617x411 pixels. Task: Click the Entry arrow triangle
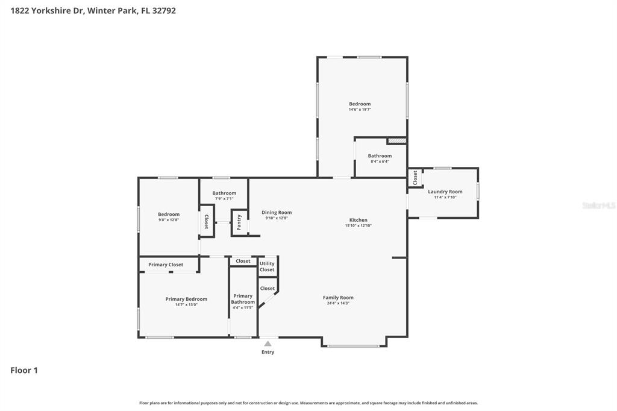point(268,344)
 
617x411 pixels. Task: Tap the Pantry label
point(239,223)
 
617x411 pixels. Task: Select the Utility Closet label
point(267,266)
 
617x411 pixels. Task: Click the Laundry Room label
point(445,192)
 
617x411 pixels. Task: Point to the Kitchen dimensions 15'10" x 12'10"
point(358,225)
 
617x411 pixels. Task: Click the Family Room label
point(338,298)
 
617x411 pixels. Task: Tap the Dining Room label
point(277,213)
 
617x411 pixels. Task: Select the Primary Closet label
point(166,265)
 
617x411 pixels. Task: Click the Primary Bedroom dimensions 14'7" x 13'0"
point(186,304)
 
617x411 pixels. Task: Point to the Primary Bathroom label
point(243,299)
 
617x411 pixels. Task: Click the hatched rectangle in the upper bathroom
point(396,140)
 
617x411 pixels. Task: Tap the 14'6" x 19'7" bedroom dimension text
point(360,110)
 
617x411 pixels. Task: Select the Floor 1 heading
point(24,370)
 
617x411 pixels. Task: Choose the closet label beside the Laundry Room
point(415,178)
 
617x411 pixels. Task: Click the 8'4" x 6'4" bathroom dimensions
point(380,162)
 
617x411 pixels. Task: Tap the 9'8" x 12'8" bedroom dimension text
point(169,220)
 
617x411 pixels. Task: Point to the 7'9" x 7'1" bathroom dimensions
point(224,198)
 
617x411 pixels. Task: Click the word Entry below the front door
point(268,352)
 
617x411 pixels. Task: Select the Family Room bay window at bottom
point(354,346)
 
